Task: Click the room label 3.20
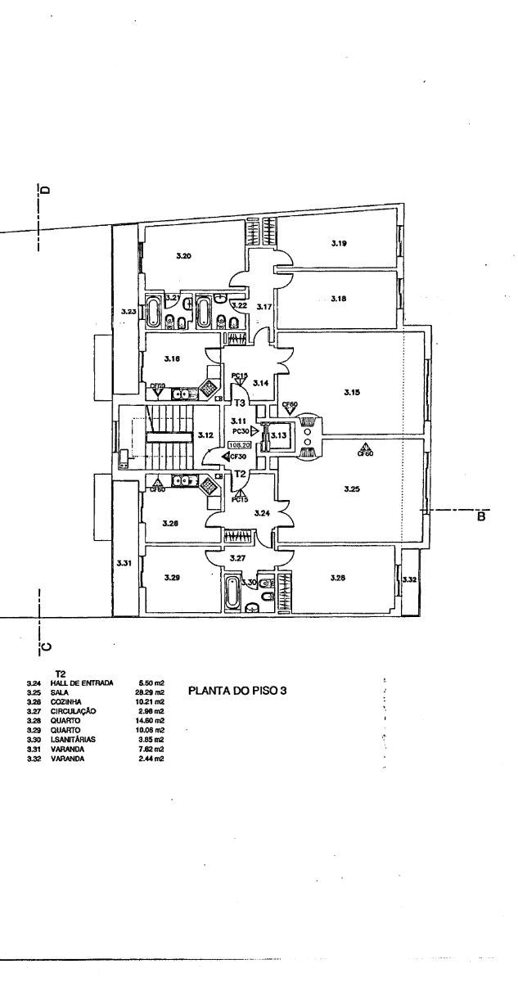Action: pyautogui.click(x=184, y=256)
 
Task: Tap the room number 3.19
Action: pyautogui.click(x=339, y=243)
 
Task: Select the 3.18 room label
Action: pyautogui.click(x=339, y=300)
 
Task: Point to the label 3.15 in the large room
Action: pyautogui.click(x=352, y=392)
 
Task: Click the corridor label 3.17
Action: pyautogui.click(x=264, y=306)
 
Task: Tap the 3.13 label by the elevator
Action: pyautogui.click(x=277, y=435)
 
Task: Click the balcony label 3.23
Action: pyautogui.click(x=126, y=311)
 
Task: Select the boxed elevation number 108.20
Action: pyautogui.click(x=240, y=446)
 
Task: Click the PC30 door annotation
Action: pyautogui.click(x=241, y=430)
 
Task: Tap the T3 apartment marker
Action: pyautogui.click(x=240, y=403)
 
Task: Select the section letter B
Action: pyautogui.click(x=481, y=517)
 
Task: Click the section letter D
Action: pyautogui.click(x=46, y=189)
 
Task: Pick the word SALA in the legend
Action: pyautogui.click(x=61, y=692)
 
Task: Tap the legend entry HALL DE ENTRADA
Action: pyautogui.click(x=81, y=682)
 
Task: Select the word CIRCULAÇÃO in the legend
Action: pyautogui.click(x=73, y=711)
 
